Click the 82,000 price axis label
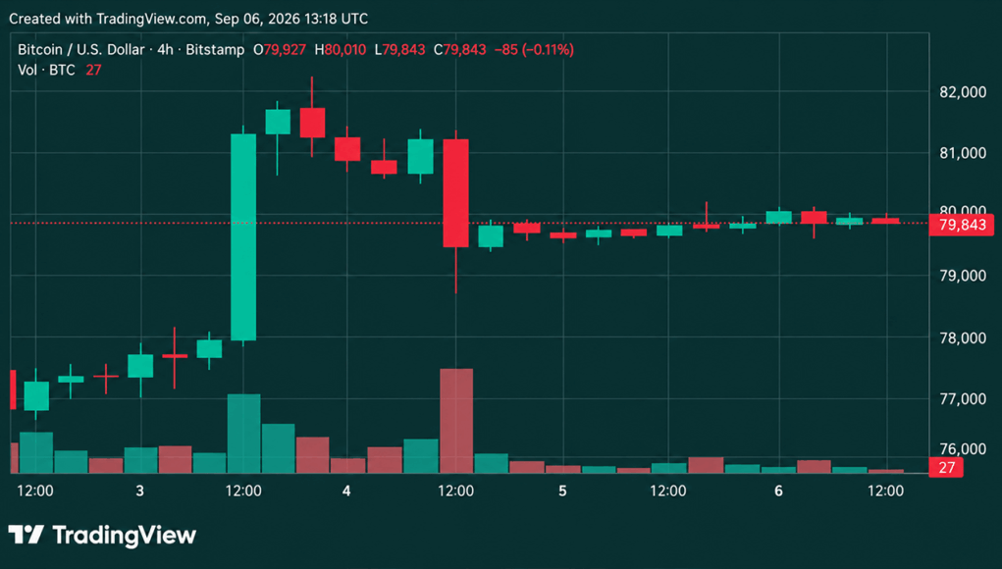[x=963, y=92]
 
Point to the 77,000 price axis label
[x=963, y=398]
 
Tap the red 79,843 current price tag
[x=961, y=225]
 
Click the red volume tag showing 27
[x=946, y=467]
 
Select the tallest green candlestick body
[x=243, y=237]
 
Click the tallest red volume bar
[x=456, y=421]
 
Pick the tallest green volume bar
[x=244, y=434]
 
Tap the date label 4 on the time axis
[x=346, y=491]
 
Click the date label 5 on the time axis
[x=562, y=491]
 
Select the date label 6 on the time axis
[x=778, y=491]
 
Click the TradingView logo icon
[x=26, y=535]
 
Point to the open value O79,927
[x=280, y=50]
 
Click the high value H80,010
[x=340, y=50]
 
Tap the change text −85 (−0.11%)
[x=534, y=50]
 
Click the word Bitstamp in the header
[x=215, y=50]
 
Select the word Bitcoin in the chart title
[x=39, y=50]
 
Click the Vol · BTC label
[x=46, y=71]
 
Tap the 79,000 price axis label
[x=963, y=276]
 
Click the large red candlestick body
[x=455, y=193]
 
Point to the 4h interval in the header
[x=165, y=50]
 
